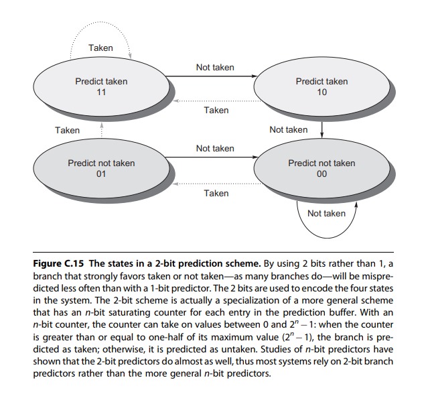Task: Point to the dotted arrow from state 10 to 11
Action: click(214, 100)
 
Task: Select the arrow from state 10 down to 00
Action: click(322, 127)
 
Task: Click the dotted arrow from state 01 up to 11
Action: click(101, 131)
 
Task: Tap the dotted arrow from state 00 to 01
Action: click(214, 182)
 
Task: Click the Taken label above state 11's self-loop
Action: click(100, 48)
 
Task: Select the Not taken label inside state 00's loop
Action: click(326, 214)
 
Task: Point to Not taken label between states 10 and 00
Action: click(288, 130)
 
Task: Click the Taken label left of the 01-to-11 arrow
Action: click(67, 131)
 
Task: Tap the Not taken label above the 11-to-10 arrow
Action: click(215, 68)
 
